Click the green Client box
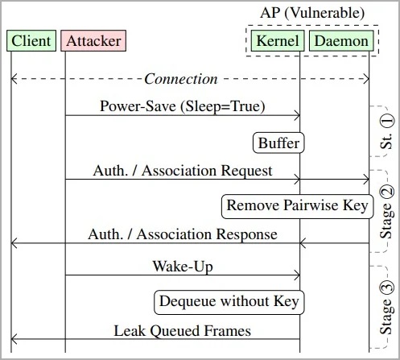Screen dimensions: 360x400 click(x=31, y=41)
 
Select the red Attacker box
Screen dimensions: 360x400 click(x=93, y=41)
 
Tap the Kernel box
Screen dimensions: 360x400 click(x=278, y=41)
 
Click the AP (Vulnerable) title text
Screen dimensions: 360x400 click(x=312, y=14)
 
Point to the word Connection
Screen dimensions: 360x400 click(x=180, y=79)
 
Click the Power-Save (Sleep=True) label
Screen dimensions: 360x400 click(x=182, y=106)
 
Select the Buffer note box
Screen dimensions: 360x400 click(x=278, y=143)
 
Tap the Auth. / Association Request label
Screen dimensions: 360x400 click(x=183, y=170)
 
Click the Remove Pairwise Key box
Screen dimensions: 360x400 click(x=297, y=205)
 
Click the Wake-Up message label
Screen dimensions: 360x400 click(x=182, y=265)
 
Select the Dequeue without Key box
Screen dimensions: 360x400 click(x=229, y=302)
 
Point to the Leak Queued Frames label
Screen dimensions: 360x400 click(x=182, y=330)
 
